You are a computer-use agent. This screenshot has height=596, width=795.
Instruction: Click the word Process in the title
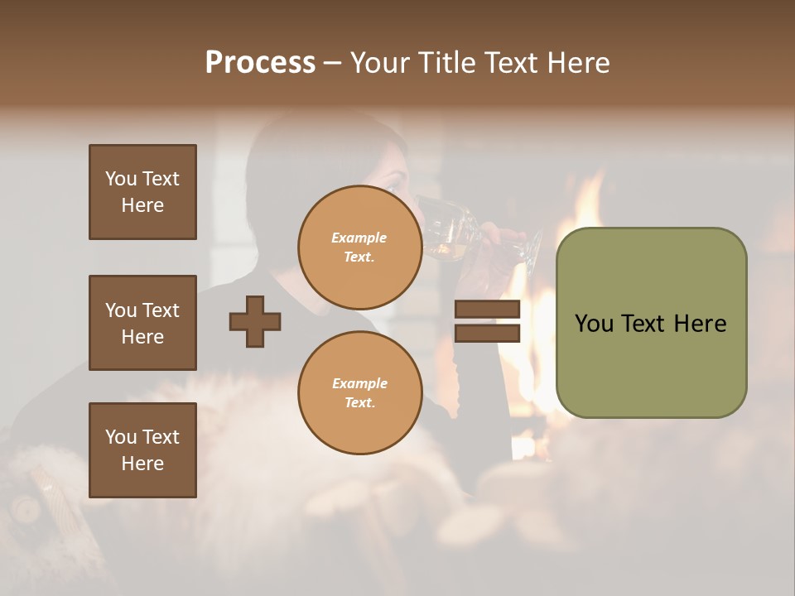[260, 63]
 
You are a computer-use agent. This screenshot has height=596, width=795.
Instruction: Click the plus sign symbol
[255, 321]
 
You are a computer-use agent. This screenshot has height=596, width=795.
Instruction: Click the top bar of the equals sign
[487, 310]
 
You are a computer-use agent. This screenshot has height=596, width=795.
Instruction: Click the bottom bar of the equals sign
[487, 333]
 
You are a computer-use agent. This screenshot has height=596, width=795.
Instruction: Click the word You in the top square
[119, 179]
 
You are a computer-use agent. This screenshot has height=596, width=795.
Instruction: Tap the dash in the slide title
[332, 64]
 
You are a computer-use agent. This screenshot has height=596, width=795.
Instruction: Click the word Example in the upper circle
[359, 238]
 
